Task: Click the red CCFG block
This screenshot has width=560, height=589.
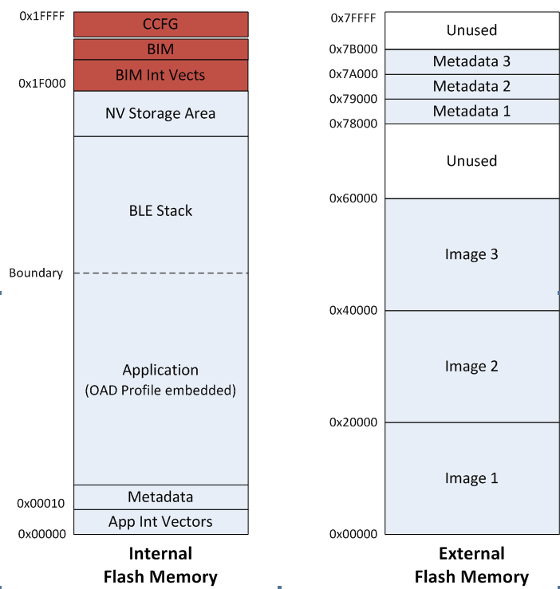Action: (x=160, y=24)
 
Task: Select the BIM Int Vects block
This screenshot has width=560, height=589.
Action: (x=160, y=75)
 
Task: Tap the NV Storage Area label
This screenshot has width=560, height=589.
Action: (x=160, y=113)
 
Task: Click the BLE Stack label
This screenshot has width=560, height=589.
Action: (x=160, y=210)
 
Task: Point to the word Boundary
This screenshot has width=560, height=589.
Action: (x=35, y=273)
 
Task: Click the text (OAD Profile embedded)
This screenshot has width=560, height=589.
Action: (x=160, y=391)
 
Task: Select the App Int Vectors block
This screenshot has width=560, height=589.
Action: (x=160, y=521)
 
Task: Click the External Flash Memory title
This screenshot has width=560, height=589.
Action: (x=471, y=564)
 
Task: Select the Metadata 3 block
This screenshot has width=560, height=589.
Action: (x=471, y=61)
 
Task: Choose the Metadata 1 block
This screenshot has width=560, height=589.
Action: (x=471, y=111)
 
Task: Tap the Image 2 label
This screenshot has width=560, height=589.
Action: (x=471, y=366)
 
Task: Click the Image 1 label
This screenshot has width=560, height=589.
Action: (x=471, y=477)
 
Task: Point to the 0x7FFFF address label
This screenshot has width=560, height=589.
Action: (x=353, y=18)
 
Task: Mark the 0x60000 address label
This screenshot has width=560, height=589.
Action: (x=353, y=198)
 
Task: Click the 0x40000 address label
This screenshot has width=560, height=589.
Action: (x=353, y=309)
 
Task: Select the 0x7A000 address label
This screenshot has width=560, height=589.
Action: (x=353, y=74)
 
